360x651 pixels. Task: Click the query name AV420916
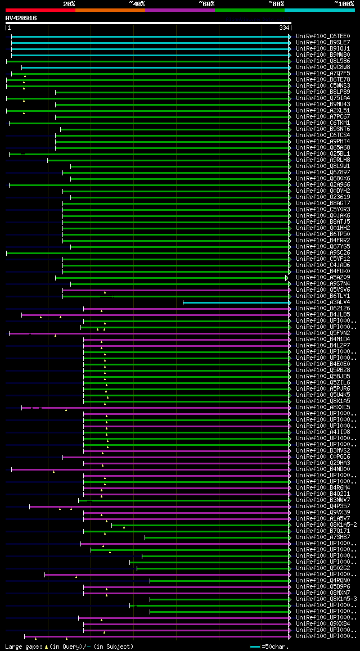[21, 18]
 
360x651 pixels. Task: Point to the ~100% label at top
[344, 4]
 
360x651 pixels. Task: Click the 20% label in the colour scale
[69, 4]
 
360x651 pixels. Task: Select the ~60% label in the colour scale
[206, 4]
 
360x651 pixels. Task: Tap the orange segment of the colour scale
[110, 10]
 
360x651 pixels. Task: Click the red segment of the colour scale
[40, 10]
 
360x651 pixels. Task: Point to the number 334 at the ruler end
[283, 28]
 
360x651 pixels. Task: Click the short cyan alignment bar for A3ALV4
[236, 302]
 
